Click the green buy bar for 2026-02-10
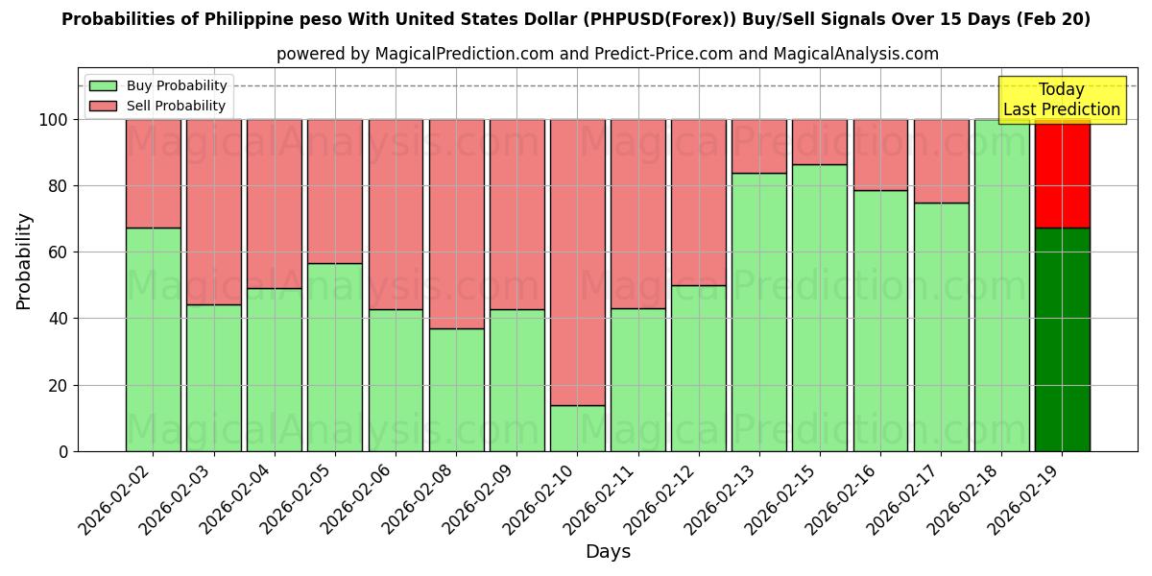[x=577, y=428]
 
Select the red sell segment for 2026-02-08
[x=456, y=224]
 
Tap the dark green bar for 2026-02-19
[x=1062, y=339]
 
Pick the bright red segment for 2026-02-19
[x=1062, y=175]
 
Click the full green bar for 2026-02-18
[x=1001, y=285]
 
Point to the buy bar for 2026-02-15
[x=820, y=307]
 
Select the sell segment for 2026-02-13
[x=759, y=146]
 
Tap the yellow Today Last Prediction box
[x=1062, y=100]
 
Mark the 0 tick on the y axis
[x=62, y=452]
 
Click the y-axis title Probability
[x=24, y=261]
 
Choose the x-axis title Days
[x=608, y=552]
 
